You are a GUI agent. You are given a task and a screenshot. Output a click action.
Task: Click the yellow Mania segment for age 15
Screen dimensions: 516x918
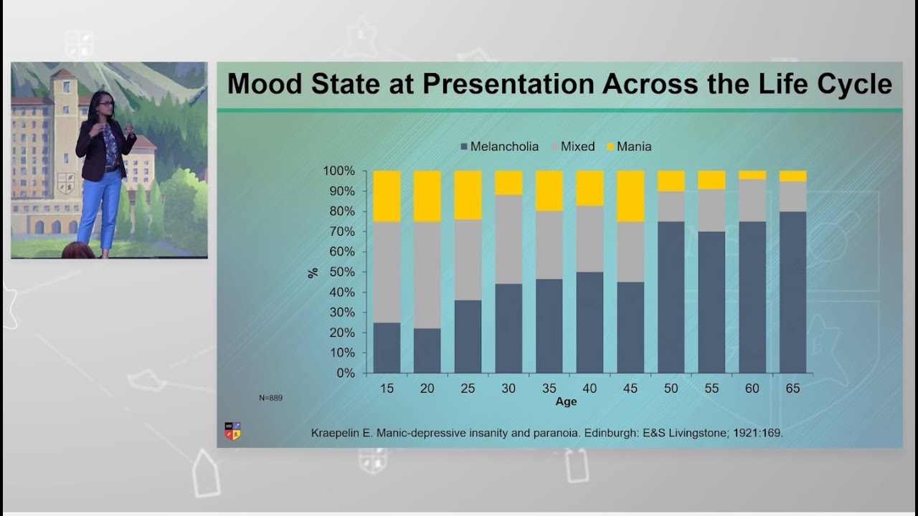(x=387, y=196)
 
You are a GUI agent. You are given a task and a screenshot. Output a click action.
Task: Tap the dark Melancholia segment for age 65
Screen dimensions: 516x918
(x=792, y=292)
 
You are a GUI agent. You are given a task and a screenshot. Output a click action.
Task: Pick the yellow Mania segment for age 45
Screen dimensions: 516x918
(x=630, y=196)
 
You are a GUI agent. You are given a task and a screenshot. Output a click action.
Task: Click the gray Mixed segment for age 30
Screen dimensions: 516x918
(x=508, y=239)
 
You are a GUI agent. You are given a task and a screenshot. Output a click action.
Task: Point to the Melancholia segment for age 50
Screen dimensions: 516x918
(x=671, y=297)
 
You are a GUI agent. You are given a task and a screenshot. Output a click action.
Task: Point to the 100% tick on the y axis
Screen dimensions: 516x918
(x=339, y=171)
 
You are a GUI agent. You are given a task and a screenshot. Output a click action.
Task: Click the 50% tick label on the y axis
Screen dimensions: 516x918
(x=342, y=272)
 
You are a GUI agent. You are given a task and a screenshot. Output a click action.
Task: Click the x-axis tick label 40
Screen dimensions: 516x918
(x=590, y=388)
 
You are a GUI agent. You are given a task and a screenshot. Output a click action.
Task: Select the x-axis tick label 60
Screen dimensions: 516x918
(x=752, y=388)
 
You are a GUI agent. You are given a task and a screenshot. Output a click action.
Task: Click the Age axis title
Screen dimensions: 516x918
(x=566, y=402)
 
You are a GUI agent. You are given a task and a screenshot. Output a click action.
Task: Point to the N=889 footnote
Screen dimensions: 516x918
(x=270, y=397)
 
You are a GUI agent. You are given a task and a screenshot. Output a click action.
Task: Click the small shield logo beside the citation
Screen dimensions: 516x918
(x=232, y=431)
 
